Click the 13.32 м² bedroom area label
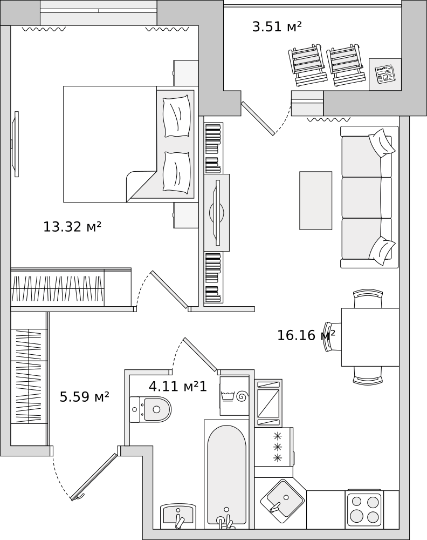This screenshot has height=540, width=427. (x=72, y=227)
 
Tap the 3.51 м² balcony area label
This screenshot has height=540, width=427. (x=277, y=26)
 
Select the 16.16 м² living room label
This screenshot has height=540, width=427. (x=306, y=335)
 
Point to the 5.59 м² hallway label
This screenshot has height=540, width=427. (x=84, y=397)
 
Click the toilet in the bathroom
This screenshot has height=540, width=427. (x=150, y=409)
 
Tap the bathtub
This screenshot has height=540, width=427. (x=226, y=474)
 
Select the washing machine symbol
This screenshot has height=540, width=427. (x=234, y=396)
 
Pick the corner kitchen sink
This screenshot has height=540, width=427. (x=282, y=502)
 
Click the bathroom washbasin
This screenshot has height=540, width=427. (x=178, y=516)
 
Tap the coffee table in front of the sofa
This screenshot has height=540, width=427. (x=315, y=200)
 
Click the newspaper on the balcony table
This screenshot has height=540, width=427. (x=385, y=74)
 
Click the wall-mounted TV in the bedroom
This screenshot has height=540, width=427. (x=16, y=144)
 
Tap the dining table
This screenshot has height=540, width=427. (x=370, y=337)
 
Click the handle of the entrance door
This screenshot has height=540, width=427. (x=78, y=496)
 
